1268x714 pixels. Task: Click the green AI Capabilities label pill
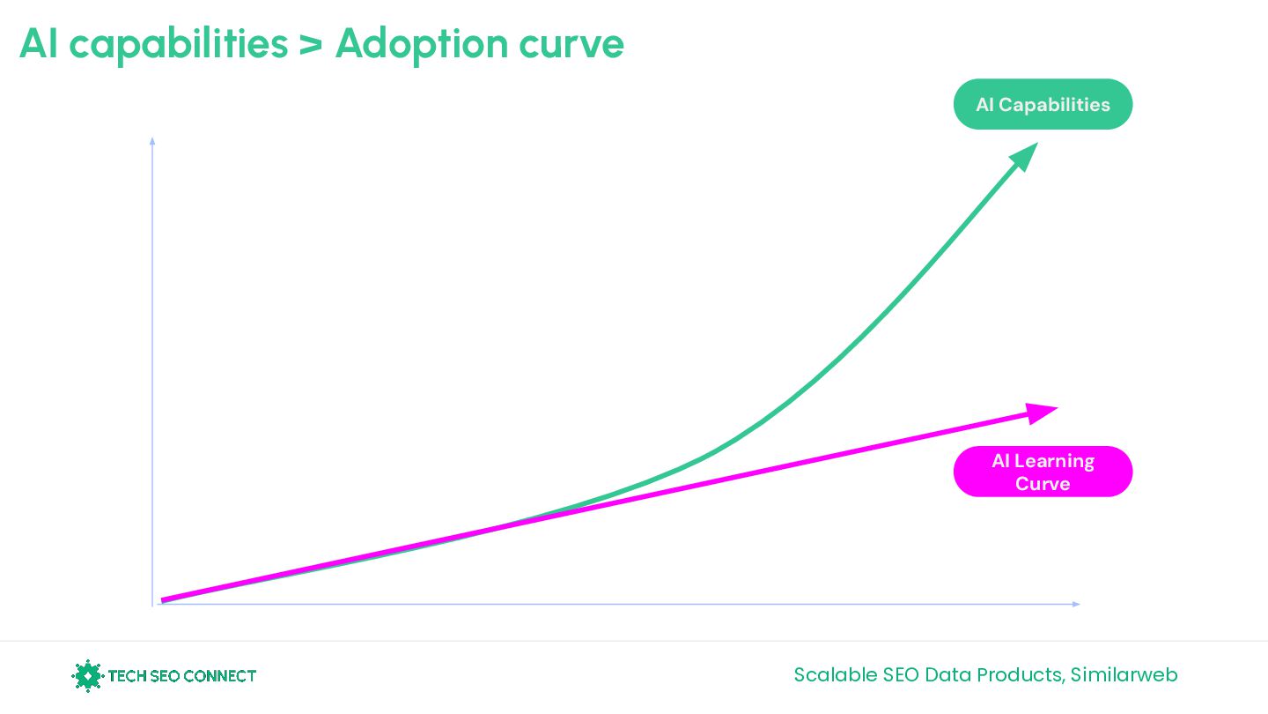point(1043,105)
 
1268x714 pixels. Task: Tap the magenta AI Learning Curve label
point(1043,472)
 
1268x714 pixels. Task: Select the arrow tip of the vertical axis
point(153,140)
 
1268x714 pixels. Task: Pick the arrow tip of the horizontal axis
point(1075,604)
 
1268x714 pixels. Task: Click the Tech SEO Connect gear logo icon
point(87,676)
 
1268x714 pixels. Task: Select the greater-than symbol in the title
point(310,44)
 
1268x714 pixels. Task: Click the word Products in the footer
point(1013,675)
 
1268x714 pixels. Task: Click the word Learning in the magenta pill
point(1054,461)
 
